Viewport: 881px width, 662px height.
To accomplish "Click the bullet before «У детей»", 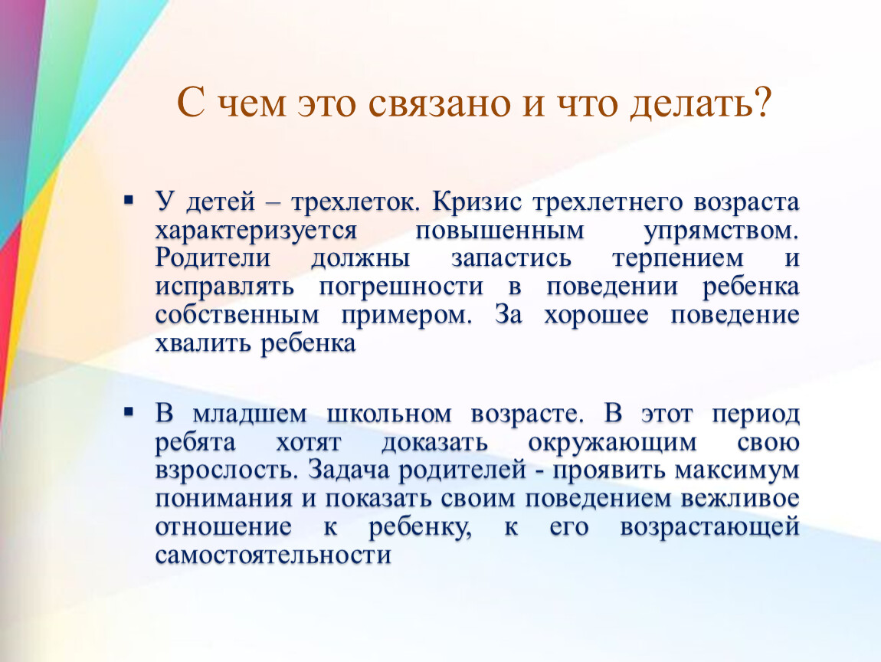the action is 129,199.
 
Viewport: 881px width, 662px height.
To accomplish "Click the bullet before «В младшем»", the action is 129,412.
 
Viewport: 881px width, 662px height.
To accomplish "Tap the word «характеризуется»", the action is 256,231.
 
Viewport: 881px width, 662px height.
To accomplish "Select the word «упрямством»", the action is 722,231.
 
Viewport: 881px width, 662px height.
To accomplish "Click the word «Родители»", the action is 213,258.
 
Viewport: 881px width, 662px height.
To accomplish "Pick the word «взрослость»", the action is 227,470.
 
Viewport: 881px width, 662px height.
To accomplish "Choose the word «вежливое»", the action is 740,499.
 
